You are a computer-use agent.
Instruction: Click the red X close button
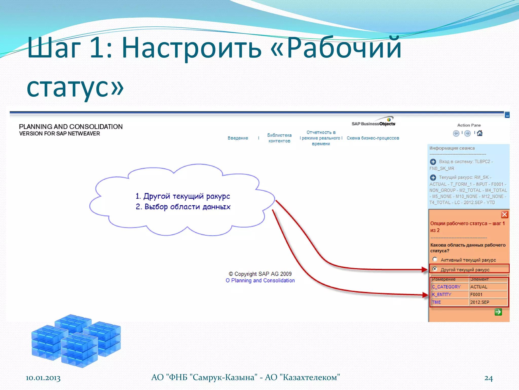coord(504,215)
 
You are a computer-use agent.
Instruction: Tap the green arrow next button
coord(498,312)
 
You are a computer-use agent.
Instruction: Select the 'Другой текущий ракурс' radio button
coord(435,269)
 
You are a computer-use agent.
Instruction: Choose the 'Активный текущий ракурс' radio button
coord(435,259)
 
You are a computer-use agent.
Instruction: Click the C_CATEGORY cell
coord(446,287)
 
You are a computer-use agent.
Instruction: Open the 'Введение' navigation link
coord(238,138)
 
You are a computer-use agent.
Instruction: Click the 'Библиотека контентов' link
coord(279,138)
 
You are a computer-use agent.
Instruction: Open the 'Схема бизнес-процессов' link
coord(373,138)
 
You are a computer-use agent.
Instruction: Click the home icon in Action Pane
coord(480,133)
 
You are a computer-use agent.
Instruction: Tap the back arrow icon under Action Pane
coord(456,133)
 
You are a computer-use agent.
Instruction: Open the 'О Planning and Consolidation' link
coord(260,281)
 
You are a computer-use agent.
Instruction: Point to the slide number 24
coord(488,378)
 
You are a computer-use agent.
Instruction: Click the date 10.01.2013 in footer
coord(43,378)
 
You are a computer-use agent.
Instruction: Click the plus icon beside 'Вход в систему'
coord(433,162)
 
